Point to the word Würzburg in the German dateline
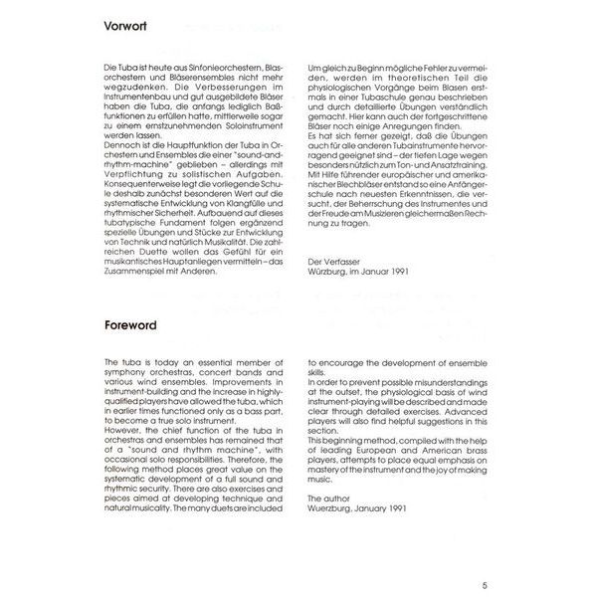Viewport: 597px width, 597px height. coord(332,298)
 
